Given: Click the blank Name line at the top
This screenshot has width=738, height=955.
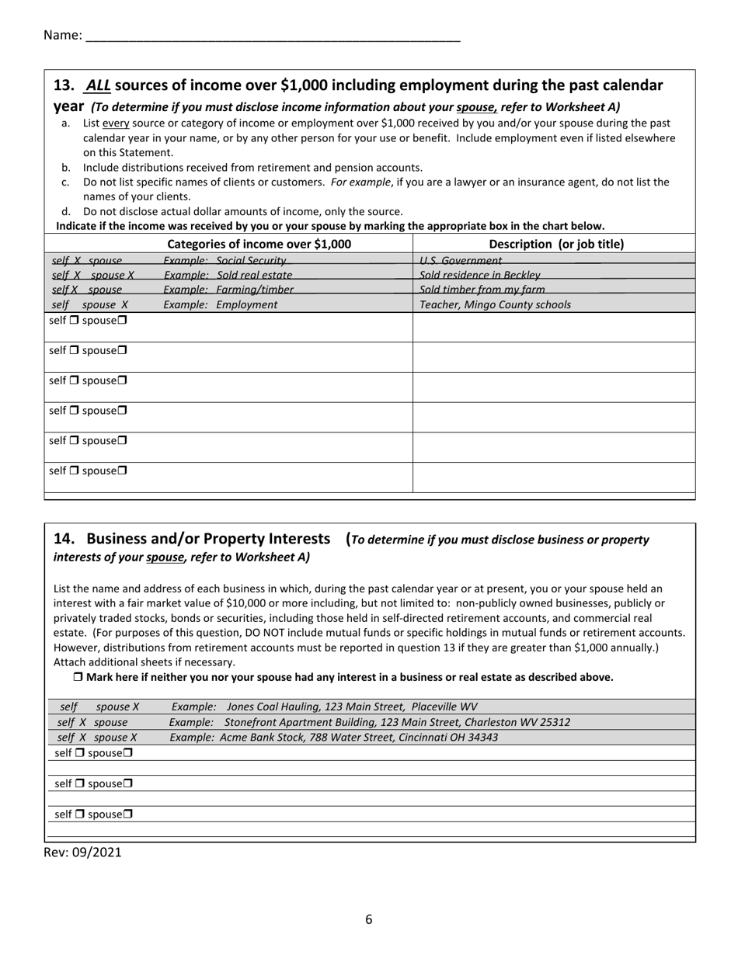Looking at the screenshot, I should (272, 36).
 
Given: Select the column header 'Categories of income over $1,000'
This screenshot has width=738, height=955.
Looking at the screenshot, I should (259, 244).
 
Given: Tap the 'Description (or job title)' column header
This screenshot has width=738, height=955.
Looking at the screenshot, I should (556, 244).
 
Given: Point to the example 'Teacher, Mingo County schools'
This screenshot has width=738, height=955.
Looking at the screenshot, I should (495, 304).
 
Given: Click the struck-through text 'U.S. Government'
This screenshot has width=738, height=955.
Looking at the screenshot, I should (461, 261).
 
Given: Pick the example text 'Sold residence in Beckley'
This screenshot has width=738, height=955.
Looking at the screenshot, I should (480, 275).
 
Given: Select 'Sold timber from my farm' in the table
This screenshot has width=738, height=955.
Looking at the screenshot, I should (482, 290).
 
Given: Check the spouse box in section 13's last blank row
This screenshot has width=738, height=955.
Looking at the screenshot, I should (123, 471).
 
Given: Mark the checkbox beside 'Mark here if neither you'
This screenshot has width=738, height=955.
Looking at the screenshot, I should (78, 677).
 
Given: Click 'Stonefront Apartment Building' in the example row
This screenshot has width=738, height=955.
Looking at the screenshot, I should (300, 722).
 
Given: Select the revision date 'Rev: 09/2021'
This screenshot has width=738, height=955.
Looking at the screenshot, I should (83, 852).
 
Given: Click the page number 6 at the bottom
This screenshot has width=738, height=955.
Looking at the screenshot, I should (369, 919).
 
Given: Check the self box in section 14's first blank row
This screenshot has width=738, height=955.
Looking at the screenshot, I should (80, 753).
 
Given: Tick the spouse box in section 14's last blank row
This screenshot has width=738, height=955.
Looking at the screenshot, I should (128, 814).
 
